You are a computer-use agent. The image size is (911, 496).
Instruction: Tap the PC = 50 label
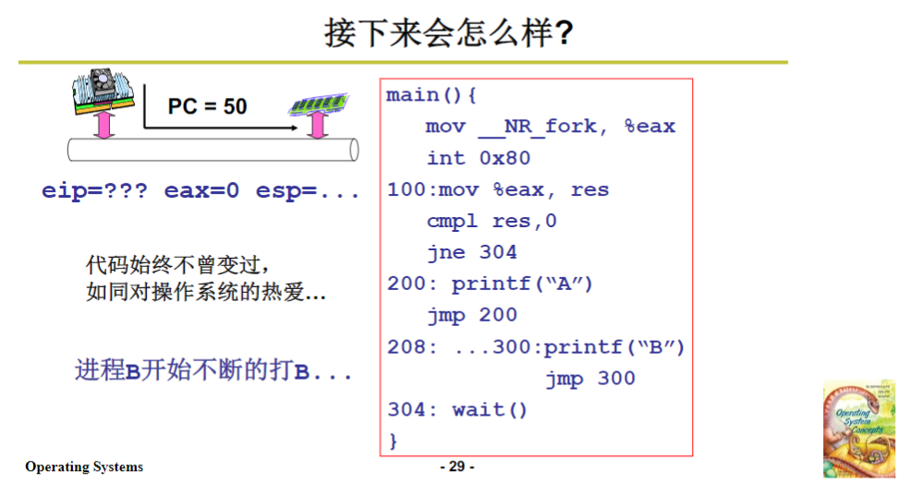(207, 106)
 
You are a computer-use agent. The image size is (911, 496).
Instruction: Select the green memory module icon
(318, 103)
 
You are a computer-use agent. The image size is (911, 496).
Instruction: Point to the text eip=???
(94, 191)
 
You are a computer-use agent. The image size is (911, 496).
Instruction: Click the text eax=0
(201, 191)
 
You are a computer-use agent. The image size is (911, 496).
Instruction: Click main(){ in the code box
(431, 96)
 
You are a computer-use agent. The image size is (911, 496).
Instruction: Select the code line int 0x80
(478, 158)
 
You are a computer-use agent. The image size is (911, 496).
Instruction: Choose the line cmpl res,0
(492, 221)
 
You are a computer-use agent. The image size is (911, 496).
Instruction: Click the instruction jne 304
(471, 252)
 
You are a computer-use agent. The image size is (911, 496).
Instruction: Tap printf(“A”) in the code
(522, 284)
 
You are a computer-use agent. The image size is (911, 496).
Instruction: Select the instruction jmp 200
(471, 315)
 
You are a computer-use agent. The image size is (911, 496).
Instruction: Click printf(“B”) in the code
(614, 347)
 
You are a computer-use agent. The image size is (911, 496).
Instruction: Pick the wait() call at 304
(490, 409)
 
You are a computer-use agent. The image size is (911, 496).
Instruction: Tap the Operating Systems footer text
(84, 466)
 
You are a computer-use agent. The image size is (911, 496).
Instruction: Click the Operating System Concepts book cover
(859, 428)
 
